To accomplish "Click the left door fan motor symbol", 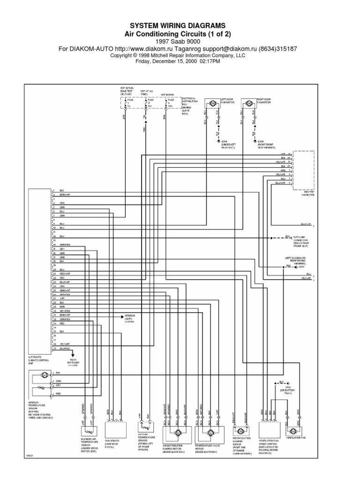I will pos(211,103).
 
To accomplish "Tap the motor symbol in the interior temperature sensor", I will pos(44,375).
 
